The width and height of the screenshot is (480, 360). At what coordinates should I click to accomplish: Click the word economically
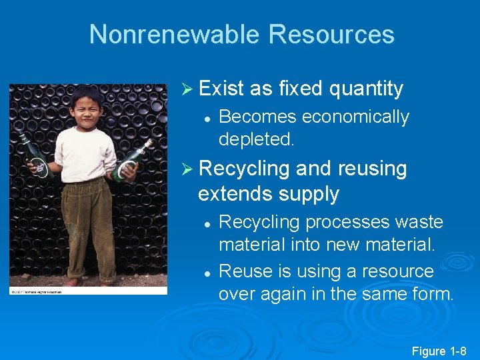click(x=355, y=117)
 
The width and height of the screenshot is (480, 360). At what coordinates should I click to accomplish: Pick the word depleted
click(x=256, y=139)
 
